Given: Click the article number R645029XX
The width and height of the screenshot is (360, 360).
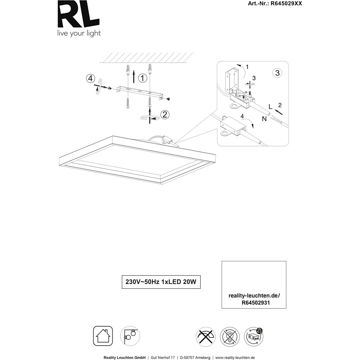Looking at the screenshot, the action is click(x=286, y=4).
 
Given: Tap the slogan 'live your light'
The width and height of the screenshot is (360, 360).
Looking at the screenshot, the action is click(x=79, y=33).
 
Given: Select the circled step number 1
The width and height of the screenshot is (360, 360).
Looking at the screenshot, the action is click(x=142, y=78).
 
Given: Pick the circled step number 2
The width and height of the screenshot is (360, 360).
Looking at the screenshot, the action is click(x=165, y=114).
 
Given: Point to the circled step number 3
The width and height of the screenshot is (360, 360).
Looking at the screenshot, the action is click(x=277, y=73).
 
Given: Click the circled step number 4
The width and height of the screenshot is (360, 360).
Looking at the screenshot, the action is click(x=90, y=78).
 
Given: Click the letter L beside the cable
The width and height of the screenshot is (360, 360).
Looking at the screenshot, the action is click(x=270, y=107).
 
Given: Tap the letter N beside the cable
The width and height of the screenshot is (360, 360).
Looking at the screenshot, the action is click(x=264, y=119).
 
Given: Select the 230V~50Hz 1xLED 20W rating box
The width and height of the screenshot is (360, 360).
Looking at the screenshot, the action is click(x=161, y=282).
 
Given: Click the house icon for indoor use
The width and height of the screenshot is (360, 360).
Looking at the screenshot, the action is click(x=103, y=336).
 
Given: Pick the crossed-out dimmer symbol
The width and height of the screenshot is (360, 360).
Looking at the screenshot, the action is click(x=206, y=337).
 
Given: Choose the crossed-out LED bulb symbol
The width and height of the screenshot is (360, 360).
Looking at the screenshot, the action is click(x=230, y=337).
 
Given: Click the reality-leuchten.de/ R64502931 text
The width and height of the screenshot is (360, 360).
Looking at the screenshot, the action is click(x=254, y=299).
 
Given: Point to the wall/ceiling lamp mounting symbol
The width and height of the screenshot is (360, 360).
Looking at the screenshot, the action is click(x=130, y=336).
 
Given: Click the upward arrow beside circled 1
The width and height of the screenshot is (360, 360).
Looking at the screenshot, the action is click(x=134, y=77).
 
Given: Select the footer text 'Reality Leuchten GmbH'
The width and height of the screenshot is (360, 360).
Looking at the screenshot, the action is click(x=125, y=357).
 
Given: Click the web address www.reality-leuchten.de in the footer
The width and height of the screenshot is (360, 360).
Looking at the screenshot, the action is click(x=235, y=357).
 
